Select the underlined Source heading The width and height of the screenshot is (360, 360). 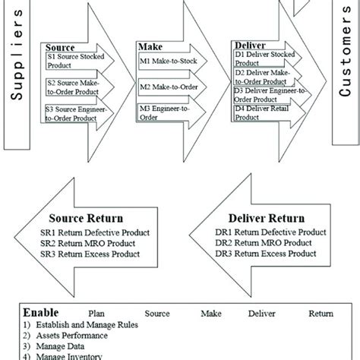point(60,46)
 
